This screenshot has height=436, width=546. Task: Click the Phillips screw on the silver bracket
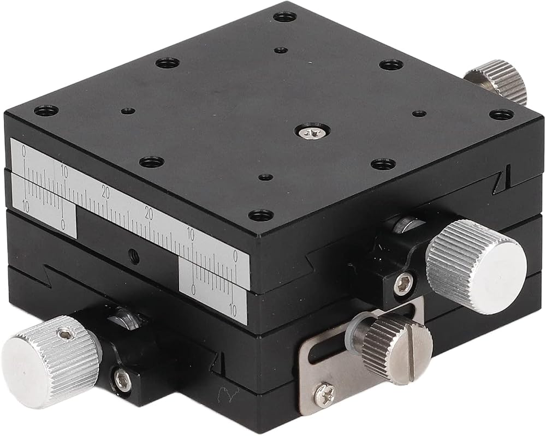[325, 393]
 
